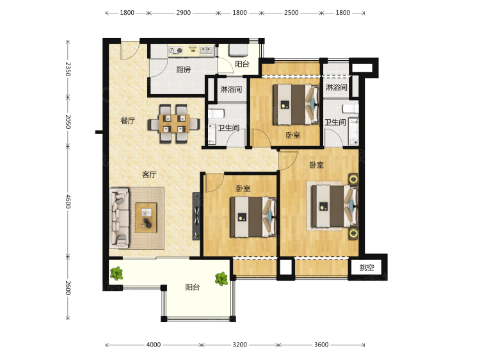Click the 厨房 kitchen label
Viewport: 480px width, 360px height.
coord(184,70)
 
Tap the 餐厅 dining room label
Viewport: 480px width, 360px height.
coord(127,120)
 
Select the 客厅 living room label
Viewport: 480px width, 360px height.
coord(149,174)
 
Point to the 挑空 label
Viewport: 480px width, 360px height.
coord(367,267)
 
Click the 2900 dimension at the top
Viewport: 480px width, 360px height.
coord(184,13)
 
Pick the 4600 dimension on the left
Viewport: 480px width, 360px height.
coord(68,201)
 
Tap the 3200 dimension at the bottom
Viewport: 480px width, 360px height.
coord(239,345)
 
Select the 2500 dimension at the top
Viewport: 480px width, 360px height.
coord(291,13)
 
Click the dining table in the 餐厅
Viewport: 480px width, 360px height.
coord(173,124)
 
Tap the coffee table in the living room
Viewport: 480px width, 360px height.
coord(146,218)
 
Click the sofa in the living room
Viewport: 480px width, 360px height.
coord(120,218)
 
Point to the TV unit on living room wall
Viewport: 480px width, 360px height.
coord(196,216)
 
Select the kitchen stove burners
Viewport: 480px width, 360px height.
coord(176,51)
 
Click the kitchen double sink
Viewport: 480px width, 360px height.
coord(206,50)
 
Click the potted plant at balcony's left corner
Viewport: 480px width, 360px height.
coord(116,273)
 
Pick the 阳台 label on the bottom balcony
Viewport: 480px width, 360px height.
coord(193,287)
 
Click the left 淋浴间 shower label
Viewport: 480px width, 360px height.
coord(231,89)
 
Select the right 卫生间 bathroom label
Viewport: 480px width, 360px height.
coord(335,122)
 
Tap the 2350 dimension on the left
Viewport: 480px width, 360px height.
coord(68,69)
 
